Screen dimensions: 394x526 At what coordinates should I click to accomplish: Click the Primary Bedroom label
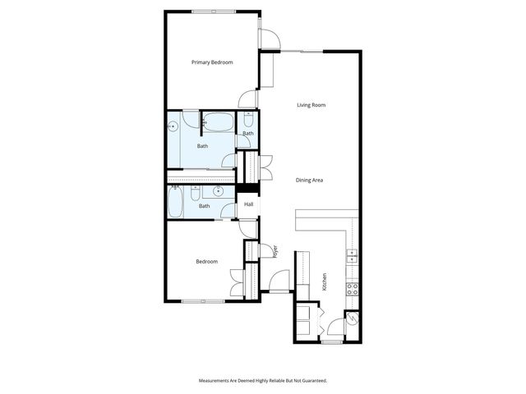pyautogui.click(x=212, y=62)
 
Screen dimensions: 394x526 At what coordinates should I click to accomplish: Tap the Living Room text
pyautogui.click(x=311, y=105)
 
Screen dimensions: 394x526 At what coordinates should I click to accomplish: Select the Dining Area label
pyautogui.click(x=309, y=180)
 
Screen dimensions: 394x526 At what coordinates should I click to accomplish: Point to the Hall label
pyautogui.click(x=248, y=204)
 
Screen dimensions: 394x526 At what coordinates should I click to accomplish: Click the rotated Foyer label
pyautogui.click(x=275, y=249)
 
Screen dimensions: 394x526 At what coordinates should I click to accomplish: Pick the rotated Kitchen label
pyautogui.click(x=325, y=282)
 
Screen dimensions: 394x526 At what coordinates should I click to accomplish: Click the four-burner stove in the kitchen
pyautogui.click(x=352, y=288)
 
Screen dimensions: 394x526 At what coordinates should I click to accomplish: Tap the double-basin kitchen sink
pyautogui.click(x=352, y=255)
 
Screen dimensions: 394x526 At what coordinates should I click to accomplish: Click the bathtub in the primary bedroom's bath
pyautogui.click(x=218, y=123)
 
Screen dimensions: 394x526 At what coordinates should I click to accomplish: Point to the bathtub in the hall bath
pyautogui.click(x=176, y=202)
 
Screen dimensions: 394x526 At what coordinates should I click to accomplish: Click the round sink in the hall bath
pyautogui.click(x=218, y=191)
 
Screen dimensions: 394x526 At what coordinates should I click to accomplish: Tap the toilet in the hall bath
pyautogui.click(x=196, y=194)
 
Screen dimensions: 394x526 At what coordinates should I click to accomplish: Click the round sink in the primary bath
pyautogui.click(x=173, y=127)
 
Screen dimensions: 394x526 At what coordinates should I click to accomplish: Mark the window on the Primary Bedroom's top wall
pyautogui.click(x=215, y=11)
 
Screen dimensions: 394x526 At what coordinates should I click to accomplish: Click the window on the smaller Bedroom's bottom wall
pyautogui.click(x=203, y=301)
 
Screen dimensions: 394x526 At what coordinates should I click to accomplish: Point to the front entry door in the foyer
pyautogui.click(x=280, y=291)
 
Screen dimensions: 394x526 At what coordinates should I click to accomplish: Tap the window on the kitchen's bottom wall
pyautogui.click(x=332, y=341)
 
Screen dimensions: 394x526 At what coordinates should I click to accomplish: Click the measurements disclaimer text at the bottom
pyautogui.click(x=263, y=381)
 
